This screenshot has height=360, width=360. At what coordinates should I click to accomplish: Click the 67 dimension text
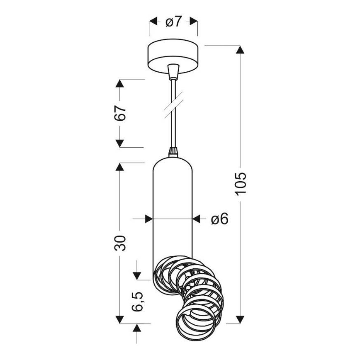click(120, 113)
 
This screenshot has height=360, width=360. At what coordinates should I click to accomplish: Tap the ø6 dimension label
click(219, 219)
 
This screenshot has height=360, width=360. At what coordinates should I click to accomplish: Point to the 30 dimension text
click(120, 243)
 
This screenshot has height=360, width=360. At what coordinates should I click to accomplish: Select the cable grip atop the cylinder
click(173, 152)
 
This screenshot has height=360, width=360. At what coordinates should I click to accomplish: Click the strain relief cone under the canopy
click(173, 70)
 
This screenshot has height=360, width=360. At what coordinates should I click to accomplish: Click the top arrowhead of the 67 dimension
click(120, 83)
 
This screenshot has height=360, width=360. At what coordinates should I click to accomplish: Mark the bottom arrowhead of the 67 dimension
click(120, 143)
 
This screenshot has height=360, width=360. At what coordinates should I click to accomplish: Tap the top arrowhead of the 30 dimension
click(120, 166)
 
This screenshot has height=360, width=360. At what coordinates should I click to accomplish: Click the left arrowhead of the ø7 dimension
click(153, 21)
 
